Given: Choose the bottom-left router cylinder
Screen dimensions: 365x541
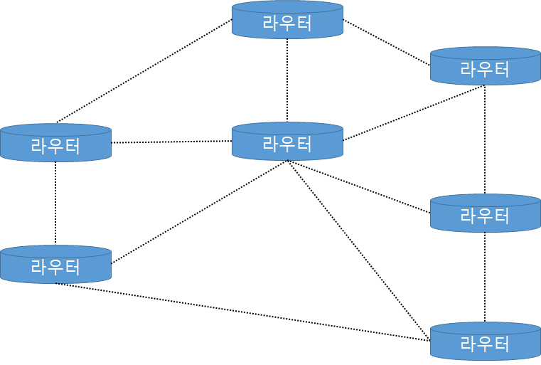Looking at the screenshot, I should (x=55, y=264).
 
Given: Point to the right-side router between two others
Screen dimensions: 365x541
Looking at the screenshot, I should (x=485, y=213).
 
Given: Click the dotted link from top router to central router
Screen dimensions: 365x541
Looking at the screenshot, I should (x=287, y=80).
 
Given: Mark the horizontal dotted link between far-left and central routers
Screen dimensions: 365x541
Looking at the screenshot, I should (x=171, y=142).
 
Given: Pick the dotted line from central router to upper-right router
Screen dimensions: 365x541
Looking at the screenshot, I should (x=414, y=113).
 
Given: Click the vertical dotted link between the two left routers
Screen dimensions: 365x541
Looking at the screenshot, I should (x=55, y=203).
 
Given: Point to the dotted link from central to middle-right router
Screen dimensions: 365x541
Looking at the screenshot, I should (x=359, y=186).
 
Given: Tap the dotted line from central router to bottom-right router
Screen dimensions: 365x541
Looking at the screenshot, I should (x=359, y=250).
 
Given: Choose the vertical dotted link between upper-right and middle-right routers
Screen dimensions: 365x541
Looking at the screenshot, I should (x=485, y=139).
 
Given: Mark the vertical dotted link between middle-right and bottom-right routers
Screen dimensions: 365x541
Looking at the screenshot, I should (x=485, y=276).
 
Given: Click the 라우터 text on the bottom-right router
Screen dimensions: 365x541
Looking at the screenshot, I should (x=485, y=344).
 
